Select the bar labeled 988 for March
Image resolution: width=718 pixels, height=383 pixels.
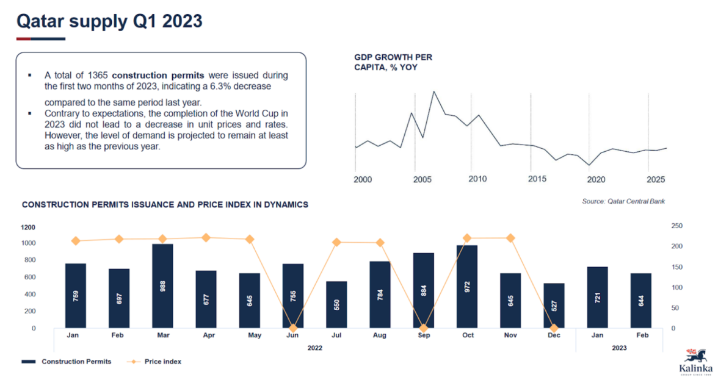coord(162,285)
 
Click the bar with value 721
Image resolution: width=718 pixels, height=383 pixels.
coord(597,297)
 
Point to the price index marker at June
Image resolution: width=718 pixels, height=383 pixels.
coord(293,328)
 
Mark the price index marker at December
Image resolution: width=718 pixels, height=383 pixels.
coord(554,328)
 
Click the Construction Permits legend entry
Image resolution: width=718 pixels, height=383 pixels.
coord(67,362)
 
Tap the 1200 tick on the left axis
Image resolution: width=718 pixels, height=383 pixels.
coord(29,227)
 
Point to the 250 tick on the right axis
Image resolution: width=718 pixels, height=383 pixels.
coord(676,226)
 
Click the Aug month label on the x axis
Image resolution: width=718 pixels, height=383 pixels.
coord(380,335)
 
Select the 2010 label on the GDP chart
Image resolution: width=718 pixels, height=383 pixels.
coord(477,179)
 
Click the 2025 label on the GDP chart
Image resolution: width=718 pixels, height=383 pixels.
coord(656,179)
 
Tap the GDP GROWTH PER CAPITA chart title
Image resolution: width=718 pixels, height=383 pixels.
coord(393,62)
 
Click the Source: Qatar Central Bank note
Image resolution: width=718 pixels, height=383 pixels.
coord(623,201)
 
